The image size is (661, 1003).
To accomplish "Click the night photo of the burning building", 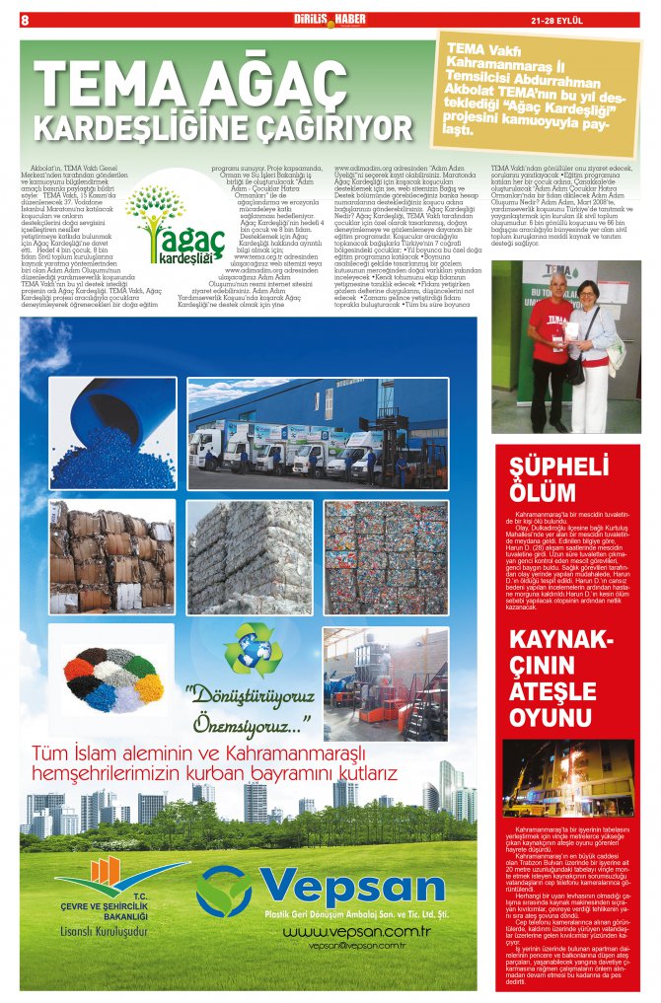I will (x=567, y=778).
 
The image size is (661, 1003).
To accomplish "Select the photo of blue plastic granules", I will (x=111, y=433).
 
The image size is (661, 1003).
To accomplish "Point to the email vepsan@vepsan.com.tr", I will (x=357, y=946).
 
